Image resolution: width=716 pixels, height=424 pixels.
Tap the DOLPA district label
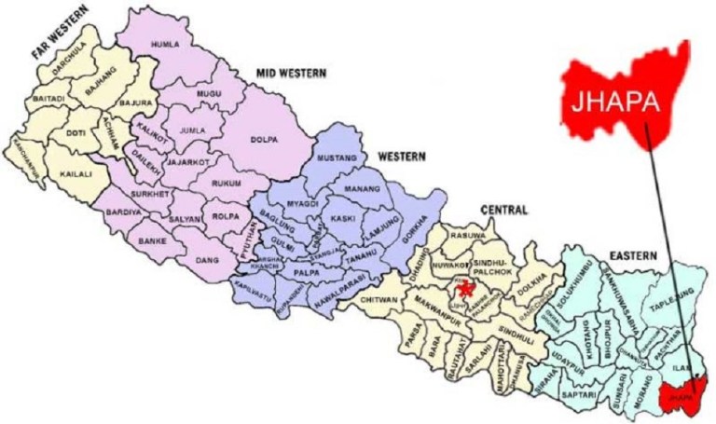(267, 141)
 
